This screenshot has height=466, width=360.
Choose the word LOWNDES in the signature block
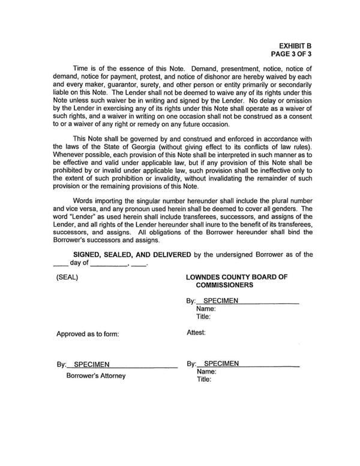click(x=206, y=278)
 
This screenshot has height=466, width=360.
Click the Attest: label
click(x=196, y=332)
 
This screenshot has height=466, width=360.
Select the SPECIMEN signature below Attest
click(x=218, y=363)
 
